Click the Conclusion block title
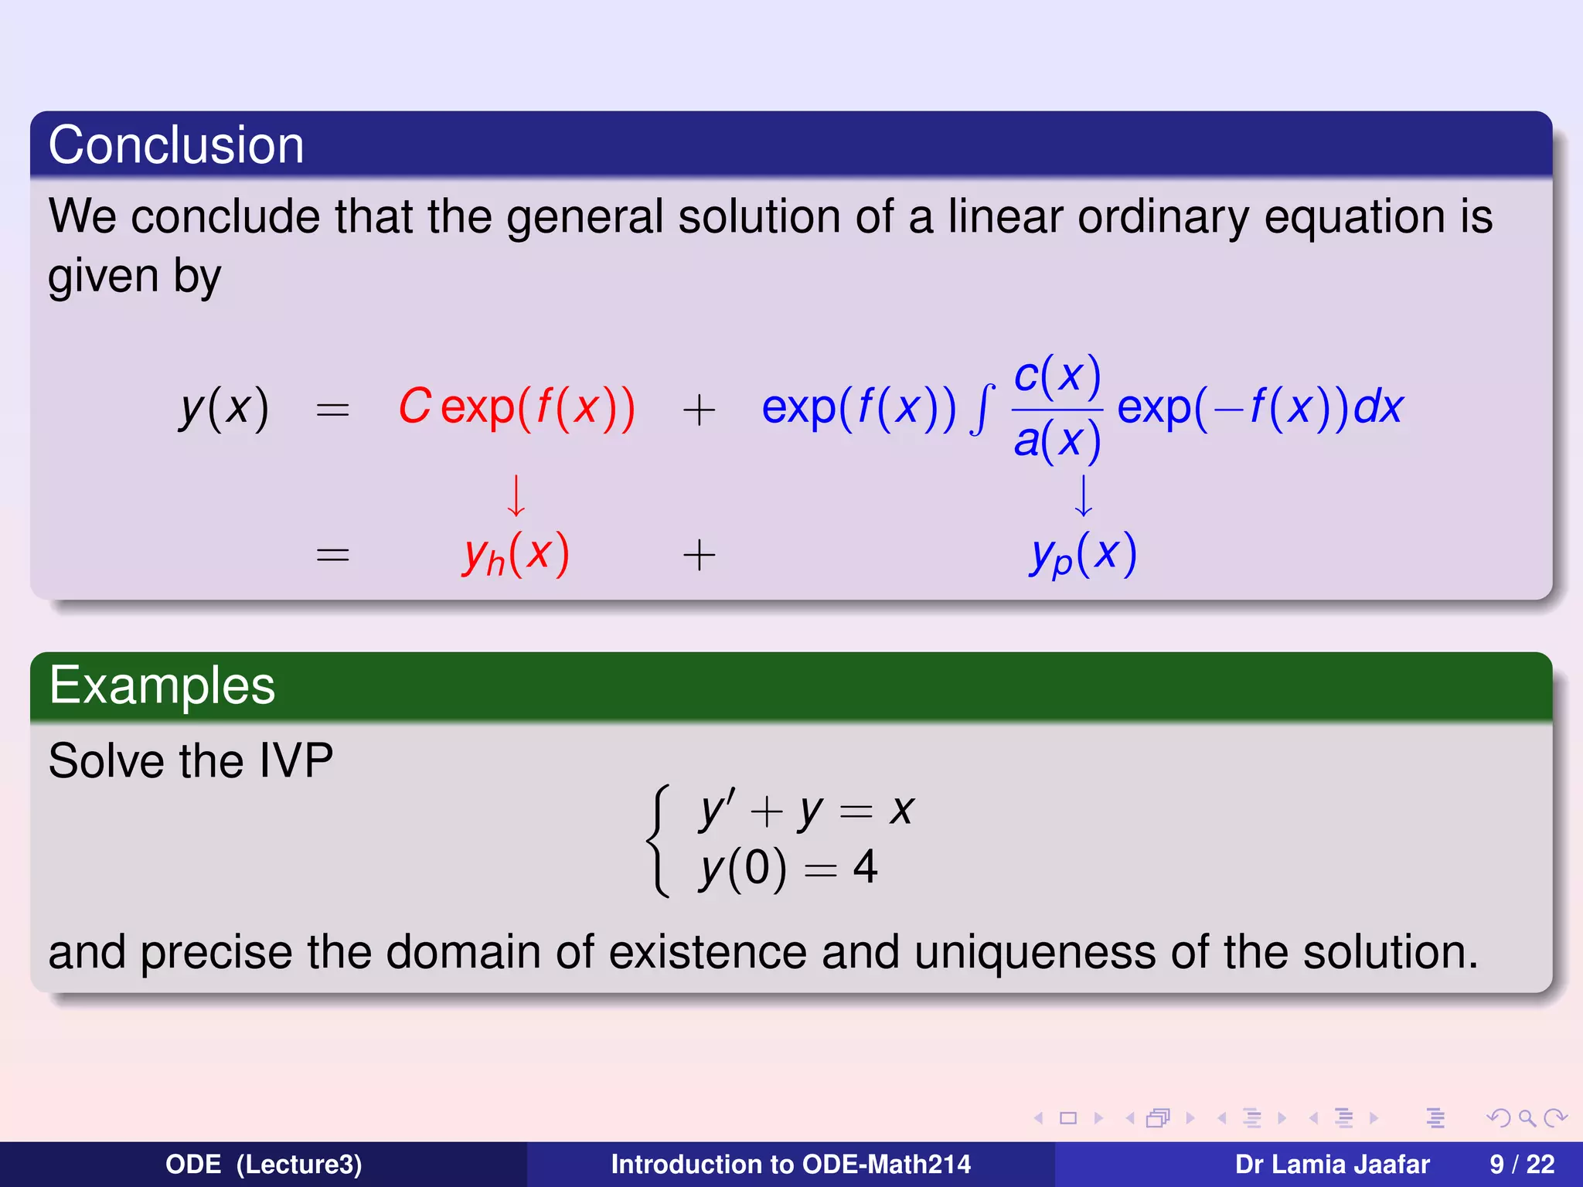[x=176, y=145]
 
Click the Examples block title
[x=162, y=685]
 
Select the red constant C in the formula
[x=414, y=406]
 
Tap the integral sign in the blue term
[x=982, y=410]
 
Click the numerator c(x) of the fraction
[x=1057, y=376]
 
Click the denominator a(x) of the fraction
[x=1057, y=441]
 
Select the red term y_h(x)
[x=516, y=555]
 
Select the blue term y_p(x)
[x=1083, y=555]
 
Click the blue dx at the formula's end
[x=1378, y=406]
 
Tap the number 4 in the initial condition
[x=865, y=867]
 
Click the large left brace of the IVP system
[x=658, y=841]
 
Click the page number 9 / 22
[x=1521, y=1165]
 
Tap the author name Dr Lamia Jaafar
[x=1332, y=1165]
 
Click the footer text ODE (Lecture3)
[x=264, y=1165]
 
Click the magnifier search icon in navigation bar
[x=1527, y=1118]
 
